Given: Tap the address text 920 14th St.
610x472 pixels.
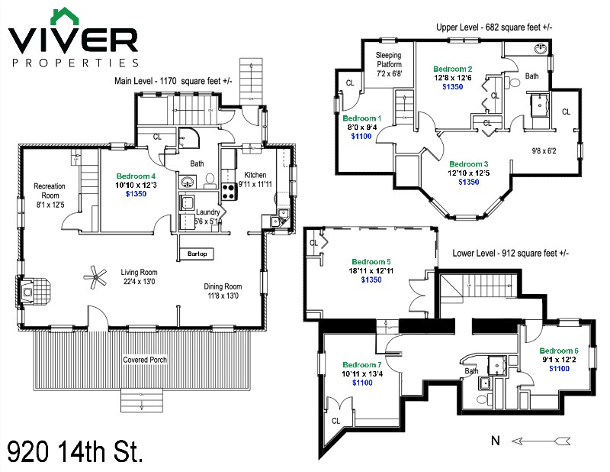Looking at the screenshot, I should [x=75, y=450].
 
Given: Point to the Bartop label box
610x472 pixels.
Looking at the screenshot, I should [x=197, y=254].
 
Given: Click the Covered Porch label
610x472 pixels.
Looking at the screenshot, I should [x=146, y=360].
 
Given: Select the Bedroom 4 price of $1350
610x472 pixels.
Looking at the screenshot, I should [x=136, y=195].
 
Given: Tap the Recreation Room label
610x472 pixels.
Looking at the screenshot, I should [x=50, y=191].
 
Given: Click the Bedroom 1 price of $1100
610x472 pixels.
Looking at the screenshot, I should [x=361, y=137].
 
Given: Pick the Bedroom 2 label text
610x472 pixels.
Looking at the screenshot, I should [x=453, y=68].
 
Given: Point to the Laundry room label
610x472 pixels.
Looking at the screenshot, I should [x=208, y=212].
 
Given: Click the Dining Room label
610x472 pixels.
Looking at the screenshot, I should [x=223, y=287].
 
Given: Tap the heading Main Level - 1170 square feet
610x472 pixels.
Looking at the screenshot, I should [x=173, y=80].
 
